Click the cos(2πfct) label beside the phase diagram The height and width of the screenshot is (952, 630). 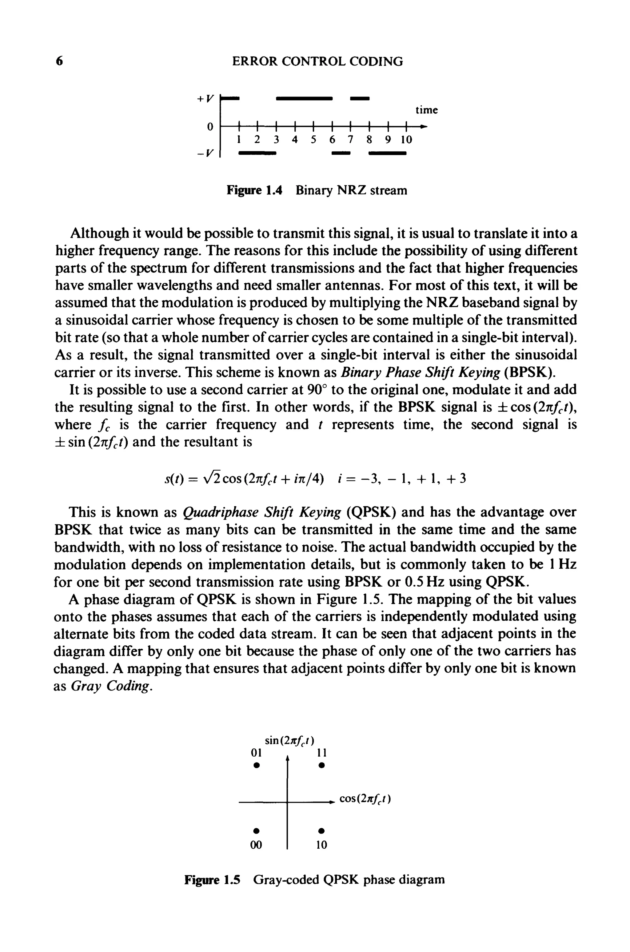click(365, 799)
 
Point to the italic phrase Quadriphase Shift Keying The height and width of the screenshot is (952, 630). click(261, 512)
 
